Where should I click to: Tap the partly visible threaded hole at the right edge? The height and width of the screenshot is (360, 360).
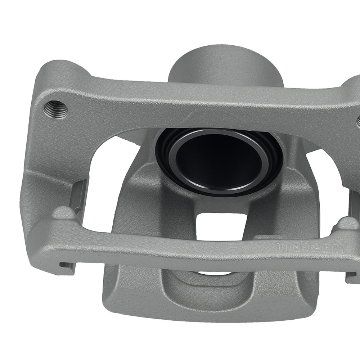click(x=358, y=121)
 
